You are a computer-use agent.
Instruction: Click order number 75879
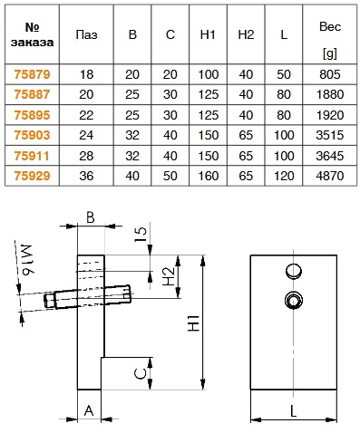point(32,74)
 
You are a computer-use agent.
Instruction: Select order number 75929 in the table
point(32,176)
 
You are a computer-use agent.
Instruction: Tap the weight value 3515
point(330,135)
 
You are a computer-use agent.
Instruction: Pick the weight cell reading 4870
point(330,176)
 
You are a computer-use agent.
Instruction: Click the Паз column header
point(86,34)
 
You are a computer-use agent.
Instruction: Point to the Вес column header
point(330,26)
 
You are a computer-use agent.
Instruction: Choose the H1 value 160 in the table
point(208,176)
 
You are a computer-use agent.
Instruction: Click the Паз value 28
point(86,156)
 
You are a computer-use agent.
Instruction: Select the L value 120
point(284,176)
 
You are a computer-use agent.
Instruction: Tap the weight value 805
point(330,74)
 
